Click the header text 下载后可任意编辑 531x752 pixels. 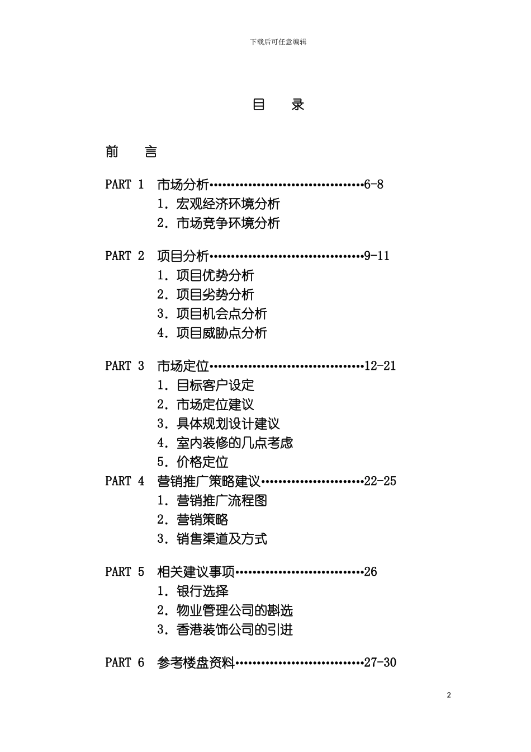278,42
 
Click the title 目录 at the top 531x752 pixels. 278,105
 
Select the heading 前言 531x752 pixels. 131,152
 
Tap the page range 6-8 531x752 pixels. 373,185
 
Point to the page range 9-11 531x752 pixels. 377,256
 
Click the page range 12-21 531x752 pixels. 380,366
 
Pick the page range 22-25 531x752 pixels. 380,481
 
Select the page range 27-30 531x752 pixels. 380,662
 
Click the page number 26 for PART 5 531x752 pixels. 371,572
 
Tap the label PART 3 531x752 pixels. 125,366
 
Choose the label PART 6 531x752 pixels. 125,662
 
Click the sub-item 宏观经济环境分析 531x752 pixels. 228,204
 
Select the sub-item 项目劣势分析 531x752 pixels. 215,295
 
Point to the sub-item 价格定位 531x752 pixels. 202,462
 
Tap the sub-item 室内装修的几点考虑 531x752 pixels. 235,443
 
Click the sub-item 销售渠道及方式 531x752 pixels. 222,539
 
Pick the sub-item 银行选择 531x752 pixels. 202,591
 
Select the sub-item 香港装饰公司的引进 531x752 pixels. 235,630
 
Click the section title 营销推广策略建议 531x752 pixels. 209,481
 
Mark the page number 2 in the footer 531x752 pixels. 449,695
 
